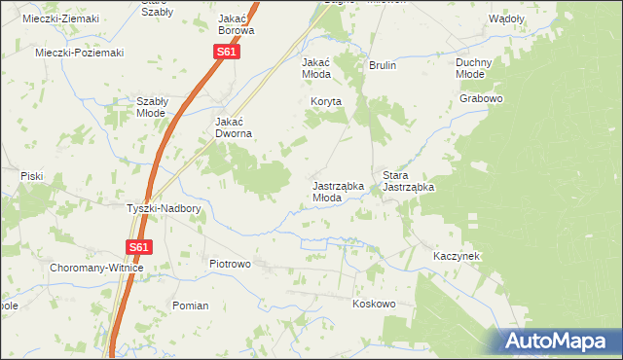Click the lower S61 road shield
click(139, 248)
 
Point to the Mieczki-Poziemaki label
click(80, 53)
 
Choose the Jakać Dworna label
click(234, 127)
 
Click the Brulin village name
click(383, 65)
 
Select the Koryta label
click(327, 100)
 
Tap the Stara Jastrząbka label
click(408, 180)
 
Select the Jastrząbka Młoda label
click(338, 191)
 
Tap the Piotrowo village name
click(231, 264)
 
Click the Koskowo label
click(374, 304)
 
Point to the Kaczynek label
click(457, 256)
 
